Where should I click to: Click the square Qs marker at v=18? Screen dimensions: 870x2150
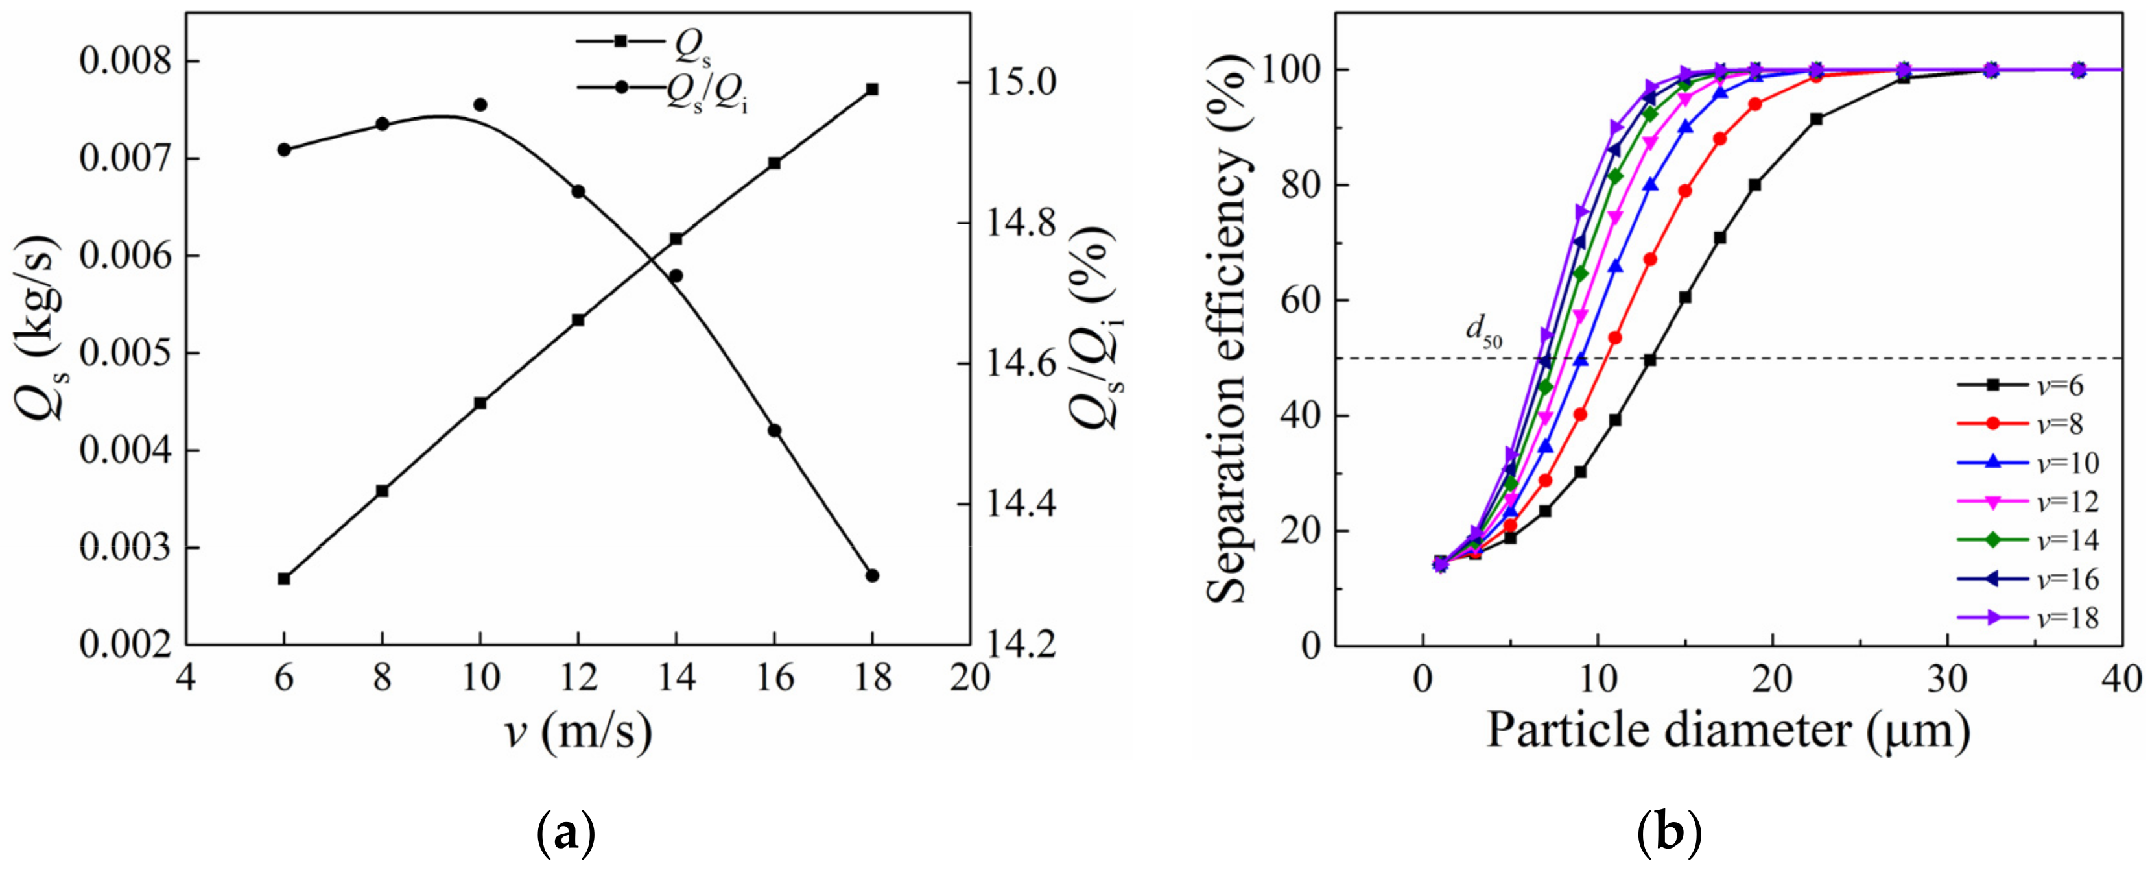pyautogui.click(x=872, y=90)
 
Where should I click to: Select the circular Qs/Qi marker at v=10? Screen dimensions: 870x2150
pyautogui.click(x=480, y=105)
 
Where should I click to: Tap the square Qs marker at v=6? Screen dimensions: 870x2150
pyautogui.click(x=284, y=579)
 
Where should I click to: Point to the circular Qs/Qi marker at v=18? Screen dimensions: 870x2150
pyautogui.click(x=872, y=576)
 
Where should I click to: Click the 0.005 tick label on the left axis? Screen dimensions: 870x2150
pyautogui.click(x=125, y=353)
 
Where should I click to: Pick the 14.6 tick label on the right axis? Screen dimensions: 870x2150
pyautogui.click(x=1021, y=365)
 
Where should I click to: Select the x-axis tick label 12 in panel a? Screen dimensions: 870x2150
pyautogui.click(x=578, y=677)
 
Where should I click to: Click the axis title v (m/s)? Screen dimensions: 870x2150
pyautogui.click(x=578, y=732)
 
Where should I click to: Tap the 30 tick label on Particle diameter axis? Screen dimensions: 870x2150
pyautogui.click(x=1947, y=679)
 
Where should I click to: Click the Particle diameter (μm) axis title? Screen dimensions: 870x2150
pyautogui.click(x=1728, y=731)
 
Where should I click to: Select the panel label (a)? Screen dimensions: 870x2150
pyautogui.click(x=567, y=832)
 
